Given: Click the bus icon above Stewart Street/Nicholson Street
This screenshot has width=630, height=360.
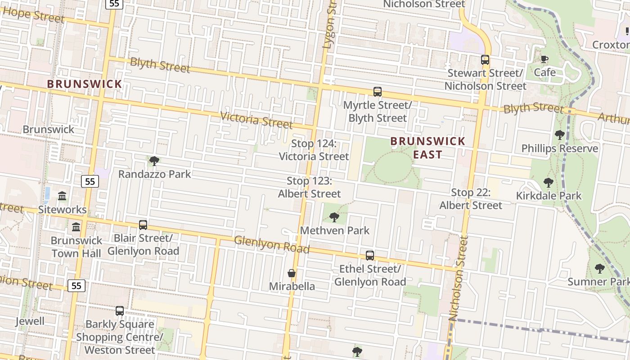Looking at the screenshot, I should tap(485, 59).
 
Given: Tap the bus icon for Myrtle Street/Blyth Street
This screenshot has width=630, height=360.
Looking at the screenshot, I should tap(378, 92).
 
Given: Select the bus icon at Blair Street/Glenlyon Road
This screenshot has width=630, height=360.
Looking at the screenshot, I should tap(143, 225).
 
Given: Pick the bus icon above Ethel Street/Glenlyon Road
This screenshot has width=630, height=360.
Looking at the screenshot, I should tap(370, 256).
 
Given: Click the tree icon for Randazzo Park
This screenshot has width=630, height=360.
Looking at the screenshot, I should tap(154, 161).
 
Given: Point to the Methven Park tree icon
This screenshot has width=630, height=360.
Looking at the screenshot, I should tap(334, 217).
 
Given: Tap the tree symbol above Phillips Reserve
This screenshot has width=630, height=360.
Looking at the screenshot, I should tap(560, 135).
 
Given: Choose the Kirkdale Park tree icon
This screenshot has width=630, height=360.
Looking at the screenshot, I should tap(548, 182).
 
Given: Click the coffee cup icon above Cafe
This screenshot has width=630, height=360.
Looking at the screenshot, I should tap(544, 59).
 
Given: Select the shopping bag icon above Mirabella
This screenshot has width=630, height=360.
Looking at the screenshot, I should tap(292, 273).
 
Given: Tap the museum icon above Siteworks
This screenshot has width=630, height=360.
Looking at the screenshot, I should tap(62, 196).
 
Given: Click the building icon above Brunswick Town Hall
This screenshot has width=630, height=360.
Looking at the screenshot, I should tap(76, 227).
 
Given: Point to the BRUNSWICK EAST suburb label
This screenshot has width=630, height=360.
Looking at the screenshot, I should tap(428, 148).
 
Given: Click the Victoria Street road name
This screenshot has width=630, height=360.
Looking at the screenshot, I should tap(256, 120).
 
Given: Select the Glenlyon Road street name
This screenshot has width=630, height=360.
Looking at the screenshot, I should tap(272, 244).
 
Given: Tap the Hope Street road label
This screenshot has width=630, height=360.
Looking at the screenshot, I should tap(33, 15).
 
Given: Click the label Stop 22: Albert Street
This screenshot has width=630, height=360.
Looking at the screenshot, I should tap(471, 199).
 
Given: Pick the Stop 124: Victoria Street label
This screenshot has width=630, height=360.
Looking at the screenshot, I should tap(314, 150).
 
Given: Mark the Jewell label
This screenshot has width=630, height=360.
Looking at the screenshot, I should tap(30, 321).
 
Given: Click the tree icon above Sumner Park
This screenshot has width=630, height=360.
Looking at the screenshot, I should tap(599, 269).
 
